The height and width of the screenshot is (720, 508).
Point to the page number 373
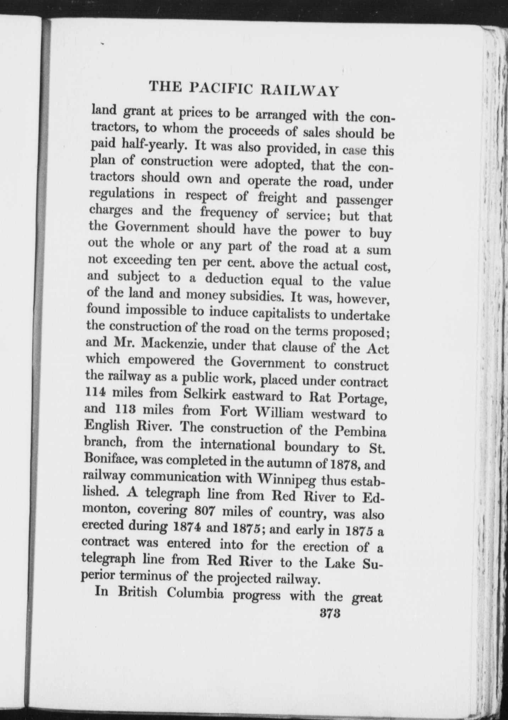click(330, 613)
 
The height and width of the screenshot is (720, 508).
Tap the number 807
click(205, 511)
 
